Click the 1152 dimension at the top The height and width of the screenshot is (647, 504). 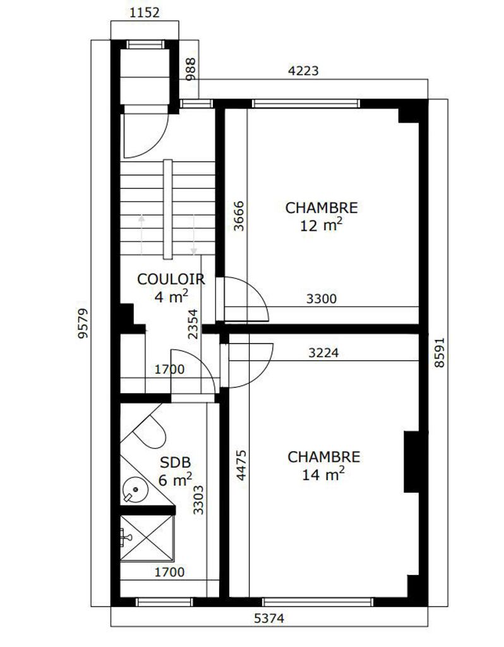point(145,13)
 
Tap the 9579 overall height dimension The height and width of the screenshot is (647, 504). point(83,323)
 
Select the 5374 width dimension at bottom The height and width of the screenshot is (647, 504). point(269,618)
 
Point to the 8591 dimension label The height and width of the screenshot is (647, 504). point(440,353)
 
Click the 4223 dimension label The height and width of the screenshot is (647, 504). point(303,71)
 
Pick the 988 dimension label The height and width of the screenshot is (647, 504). point(191,70)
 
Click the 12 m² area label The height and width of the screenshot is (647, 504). point(321,226)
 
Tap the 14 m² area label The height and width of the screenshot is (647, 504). point(323,475)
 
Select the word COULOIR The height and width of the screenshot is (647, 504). point(171,279)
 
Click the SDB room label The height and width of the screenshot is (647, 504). point(176,463)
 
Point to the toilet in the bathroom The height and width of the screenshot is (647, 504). point(148,430)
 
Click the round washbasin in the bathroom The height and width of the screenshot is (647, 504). point(135,490)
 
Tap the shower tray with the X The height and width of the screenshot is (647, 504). point(147,538)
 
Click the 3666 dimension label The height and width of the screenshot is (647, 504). point(239,216)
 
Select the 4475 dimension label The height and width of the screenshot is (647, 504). point(241,465)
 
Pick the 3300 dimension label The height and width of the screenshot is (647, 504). point(321,298)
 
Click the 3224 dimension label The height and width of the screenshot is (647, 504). point(324,353)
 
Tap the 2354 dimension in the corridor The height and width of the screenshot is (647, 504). point(193,324)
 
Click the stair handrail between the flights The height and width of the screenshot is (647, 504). point(168,209)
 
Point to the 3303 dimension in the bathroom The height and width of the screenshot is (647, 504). point(198,500)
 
